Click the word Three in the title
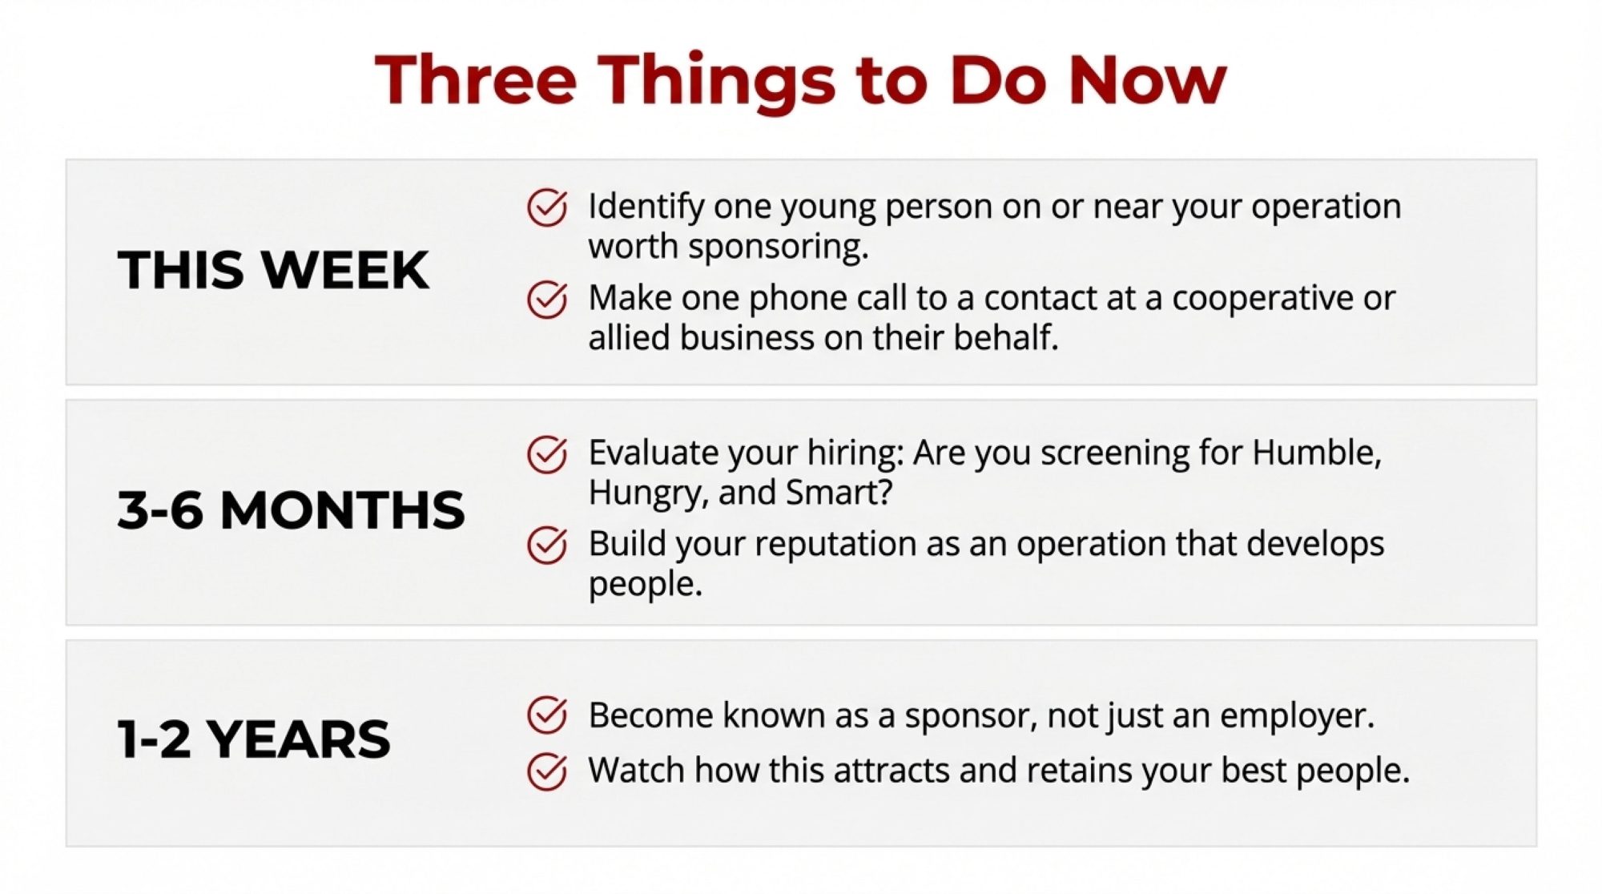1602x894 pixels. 476,79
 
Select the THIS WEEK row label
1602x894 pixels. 273,269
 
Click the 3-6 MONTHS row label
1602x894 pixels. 291,510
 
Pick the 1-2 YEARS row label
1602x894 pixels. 254,739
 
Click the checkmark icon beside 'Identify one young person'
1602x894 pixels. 547,207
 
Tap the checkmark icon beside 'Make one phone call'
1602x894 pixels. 547,300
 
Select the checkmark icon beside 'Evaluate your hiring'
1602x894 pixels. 547,454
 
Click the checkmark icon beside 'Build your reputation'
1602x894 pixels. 547,546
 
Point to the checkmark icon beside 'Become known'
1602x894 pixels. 547,715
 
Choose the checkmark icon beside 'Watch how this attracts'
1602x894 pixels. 547,771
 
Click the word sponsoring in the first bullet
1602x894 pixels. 778,248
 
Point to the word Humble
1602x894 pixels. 1317,453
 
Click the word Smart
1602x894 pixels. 839,492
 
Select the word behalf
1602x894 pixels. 1006,337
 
